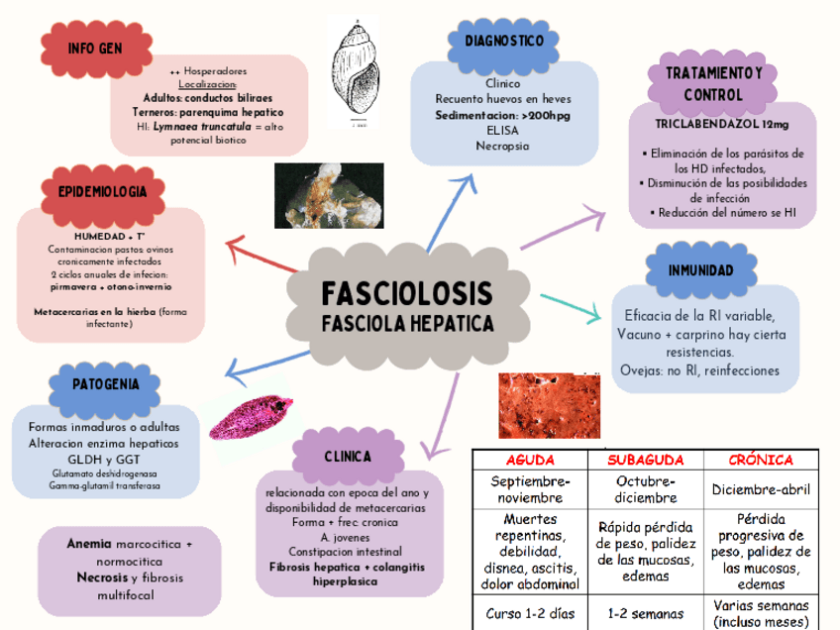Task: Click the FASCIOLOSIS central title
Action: pyautogui.click(x=406, y=294)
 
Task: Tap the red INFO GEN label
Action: pyautogui.click(x=95, y=49)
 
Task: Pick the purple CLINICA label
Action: pyautogui.click(x=347, y=457)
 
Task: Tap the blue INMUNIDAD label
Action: pyautogui.click(x=700, y=270)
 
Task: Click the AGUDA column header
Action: pyautogui.click(x=530, y=461)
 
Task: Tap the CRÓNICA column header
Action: pyautogui.click(x=760, y=461)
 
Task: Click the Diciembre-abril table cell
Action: pyautogui.click(x=760, y=489)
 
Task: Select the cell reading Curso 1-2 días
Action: pyautogui.click(x=530, y=613)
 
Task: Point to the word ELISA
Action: pyautogui.click(x=503, y=130)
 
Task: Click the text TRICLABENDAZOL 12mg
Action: pyautogui.click(x=722, y=125)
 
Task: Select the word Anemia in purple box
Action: pyautogui.click(x=87, y=545)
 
